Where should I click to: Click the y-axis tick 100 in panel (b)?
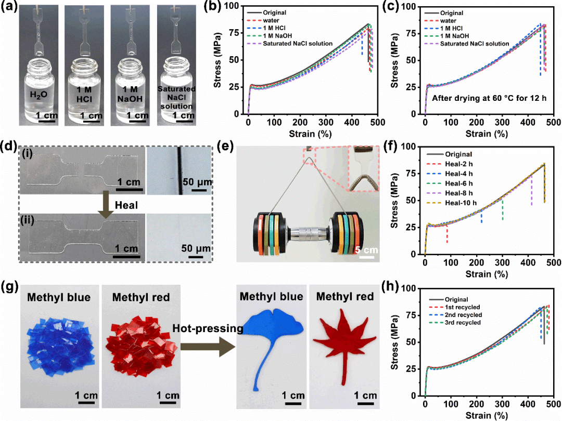click(x=239, y=6)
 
